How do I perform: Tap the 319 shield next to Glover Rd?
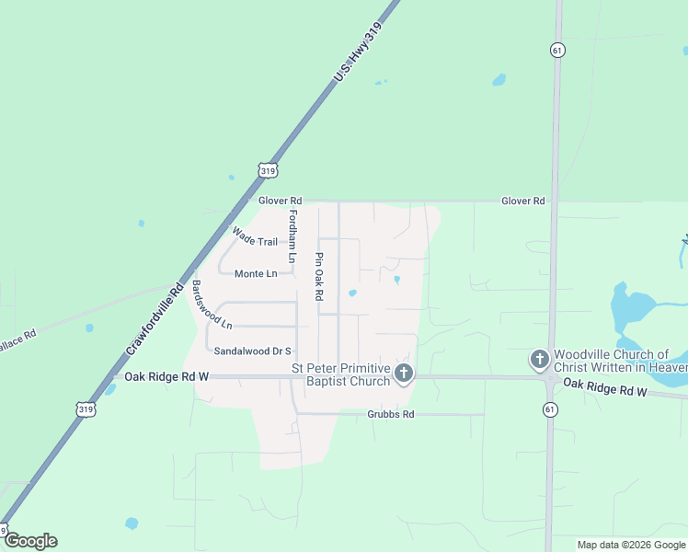[268, 170]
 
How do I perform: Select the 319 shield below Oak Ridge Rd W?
[86, 408]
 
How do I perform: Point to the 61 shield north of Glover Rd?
[557, 50]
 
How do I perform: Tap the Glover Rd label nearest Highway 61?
[522, 201]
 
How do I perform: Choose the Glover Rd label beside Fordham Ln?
[280, 201]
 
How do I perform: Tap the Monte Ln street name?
[256, 273]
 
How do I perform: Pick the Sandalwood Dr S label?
[252, 351]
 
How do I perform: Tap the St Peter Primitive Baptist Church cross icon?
[404, 374]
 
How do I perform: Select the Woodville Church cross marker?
[539, 360]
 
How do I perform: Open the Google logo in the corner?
[30, 541]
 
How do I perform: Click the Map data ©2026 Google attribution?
[631, 545]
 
